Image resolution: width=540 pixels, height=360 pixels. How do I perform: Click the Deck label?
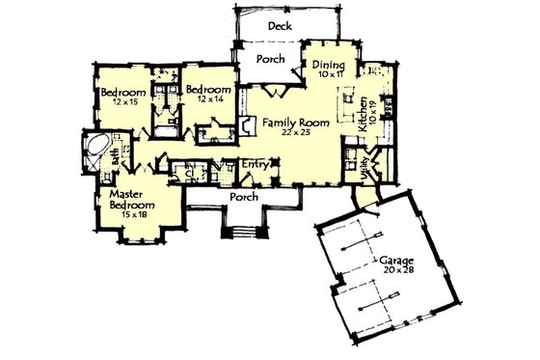click(281, 26)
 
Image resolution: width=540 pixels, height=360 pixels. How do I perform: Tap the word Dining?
click(328, 65)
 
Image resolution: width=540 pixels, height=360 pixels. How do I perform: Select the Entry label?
click(255, 163)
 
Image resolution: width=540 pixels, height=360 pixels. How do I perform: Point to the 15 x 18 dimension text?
click(134, 214)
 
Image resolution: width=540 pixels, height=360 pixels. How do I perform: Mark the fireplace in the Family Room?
click(248, 125)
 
